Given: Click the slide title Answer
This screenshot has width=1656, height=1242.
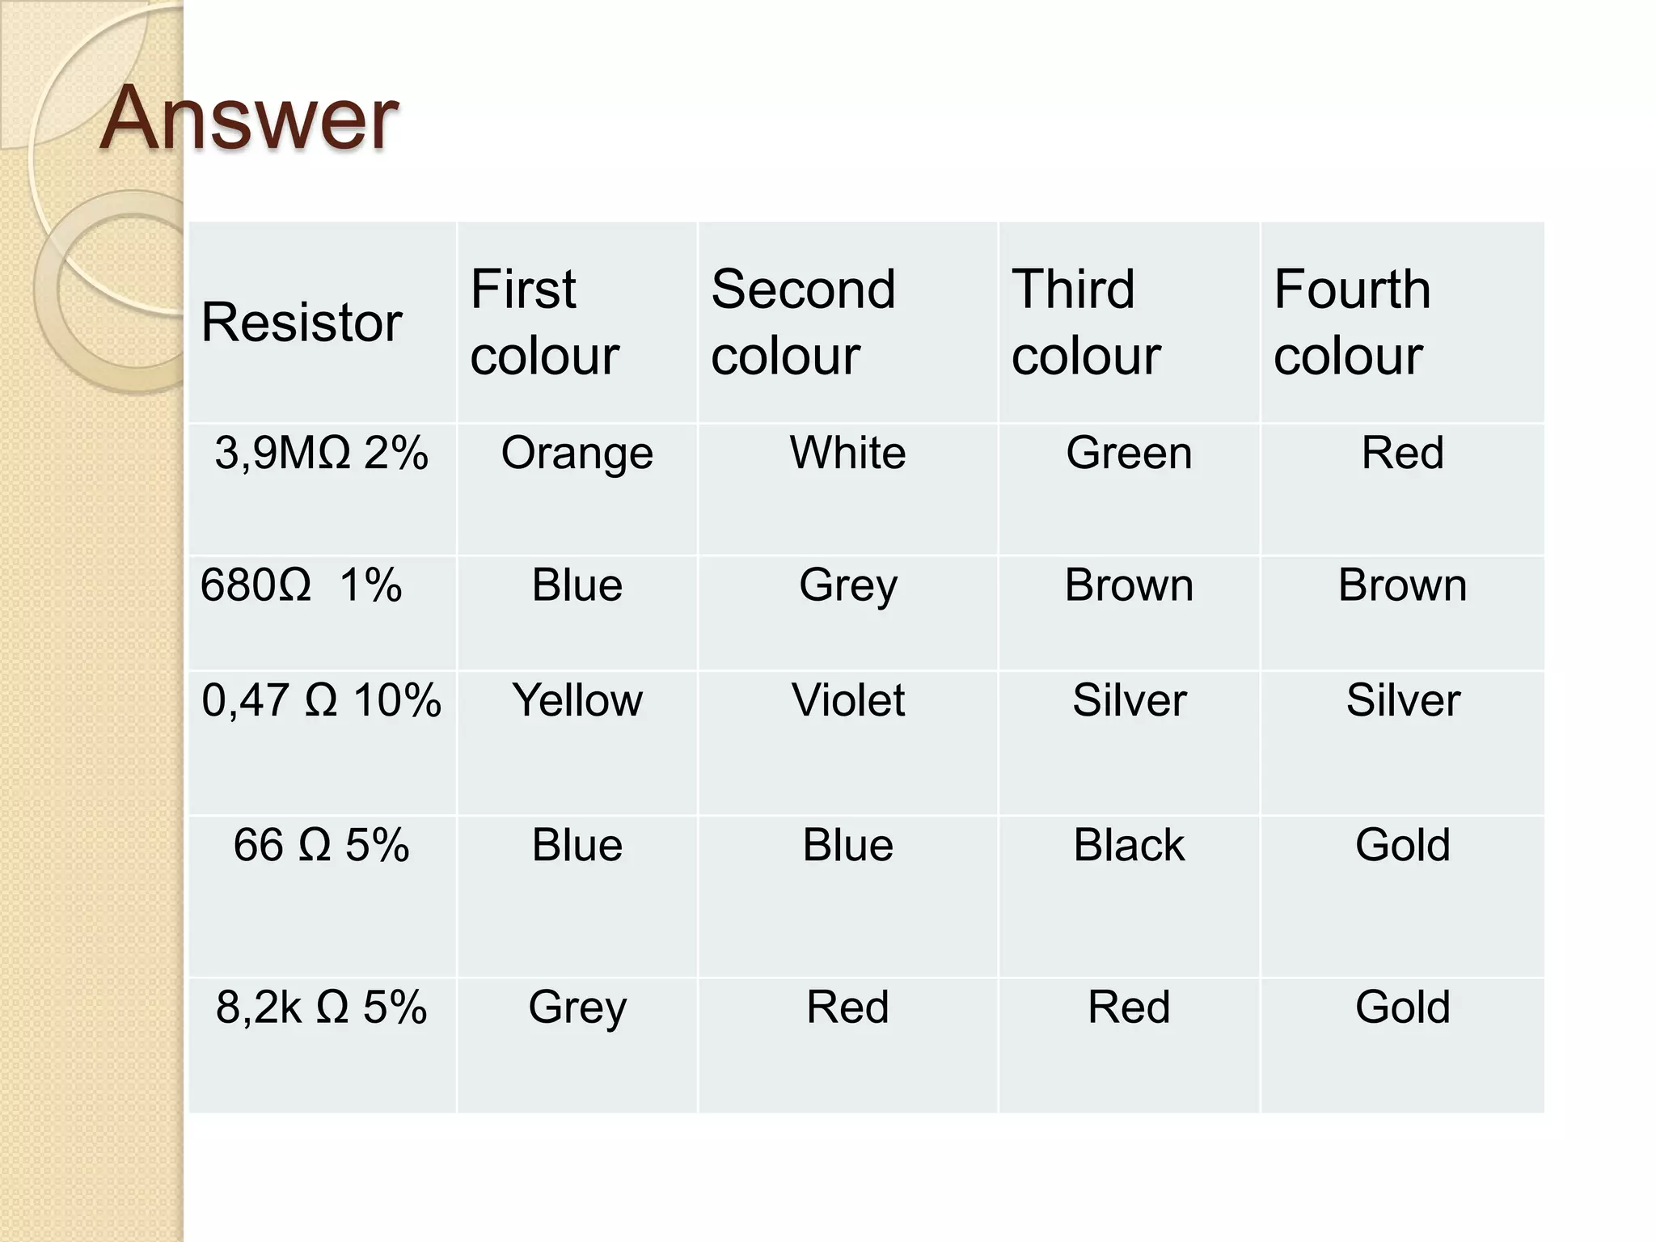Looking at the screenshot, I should tap(249, 119).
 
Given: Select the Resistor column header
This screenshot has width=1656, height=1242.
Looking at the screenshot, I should tap(301, 322).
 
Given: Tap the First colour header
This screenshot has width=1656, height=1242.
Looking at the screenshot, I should tap(544, 322).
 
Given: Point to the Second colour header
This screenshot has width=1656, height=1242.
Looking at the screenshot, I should tap(803, 322).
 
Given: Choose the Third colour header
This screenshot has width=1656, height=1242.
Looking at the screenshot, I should tap(1085, 322).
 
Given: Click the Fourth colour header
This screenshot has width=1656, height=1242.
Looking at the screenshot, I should tap(1351, 322).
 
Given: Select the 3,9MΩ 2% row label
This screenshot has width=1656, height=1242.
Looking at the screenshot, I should tap(321, 453).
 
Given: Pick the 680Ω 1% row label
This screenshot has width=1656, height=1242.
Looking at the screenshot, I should tap(300, 585).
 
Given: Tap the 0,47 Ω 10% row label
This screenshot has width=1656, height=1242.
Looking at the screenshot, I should tap(321, 700).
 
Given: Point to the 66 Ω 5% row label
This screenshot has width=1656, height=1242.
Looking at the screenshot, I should tap(321, 845).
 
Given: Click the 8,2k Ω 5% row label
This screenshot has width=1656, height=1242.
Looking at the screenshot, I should tap(321, 1008).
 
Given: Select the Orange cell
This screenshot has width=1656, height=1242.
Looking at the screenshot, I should tap(577, 453).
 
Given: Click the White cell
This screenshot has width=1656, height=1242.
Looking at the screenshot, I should tap(847, 453).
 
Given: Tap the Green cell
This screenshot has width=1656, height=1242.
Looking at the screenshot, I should tap(1129, 453).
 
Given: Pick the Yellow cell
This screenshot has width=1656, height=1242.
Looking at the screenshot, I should tap(577, 700).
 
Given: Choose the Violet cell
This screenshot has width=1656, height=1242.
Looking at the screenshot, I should tap(847, 700).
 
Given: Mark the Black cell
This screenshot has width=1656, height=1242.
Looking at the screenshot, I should tap(1129, 845).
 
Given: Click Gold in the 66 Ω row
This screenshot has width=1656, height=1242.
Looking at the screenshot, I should tap(1402, 845).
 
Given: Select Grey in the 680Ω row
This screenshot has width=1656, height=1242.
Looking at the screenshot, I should tap(847, 585).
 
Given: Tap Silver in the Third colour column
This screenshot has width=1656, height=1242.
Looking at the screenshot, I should tap(1129, 700).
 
